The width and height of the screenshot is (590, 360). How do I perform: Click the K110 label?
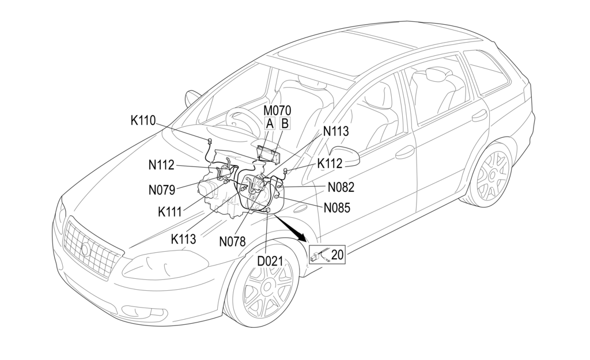click(x=143, y=121)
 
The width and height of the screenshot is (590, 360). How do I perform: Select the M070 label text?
click(x=277, y=110)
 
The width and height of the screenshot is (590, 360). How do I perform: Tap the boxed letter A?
click(x=270, y=123)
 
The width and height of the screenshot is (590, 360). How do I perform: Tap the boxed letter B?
click(x=285, y=123)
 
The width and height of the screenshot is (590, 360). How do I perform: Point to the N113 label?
click(x=336, y=131)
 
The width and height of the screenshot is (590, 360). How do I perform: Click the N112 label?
click(x=161, y=165)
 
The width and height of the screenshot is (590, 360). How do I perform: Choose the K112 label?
click(x=330, y=164)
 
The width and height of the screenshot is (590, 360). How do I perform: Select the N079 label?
click(x=161, y=189)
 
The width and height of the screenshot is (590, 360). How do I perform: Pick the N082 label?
click(x=341, y=187)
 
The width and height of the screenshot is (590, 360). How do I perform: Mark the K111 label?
click(x=171, y=211)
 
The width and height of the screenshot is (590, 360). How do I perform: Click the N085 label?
click(x=337, y=207)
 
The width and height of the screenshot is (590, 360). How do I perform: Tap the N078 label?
click(x=232, y=242)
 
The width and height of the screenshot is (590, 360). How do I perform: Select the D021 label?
click(x=270, y=261)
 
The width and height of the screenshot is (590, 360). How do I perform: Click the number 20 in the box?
click(x=337, y=254)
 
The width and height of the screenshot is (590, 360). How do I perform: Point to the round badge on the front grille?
click(x=85, y=249)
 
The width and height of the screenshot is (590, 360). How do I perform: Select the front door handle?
click(x=405, y=151)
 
